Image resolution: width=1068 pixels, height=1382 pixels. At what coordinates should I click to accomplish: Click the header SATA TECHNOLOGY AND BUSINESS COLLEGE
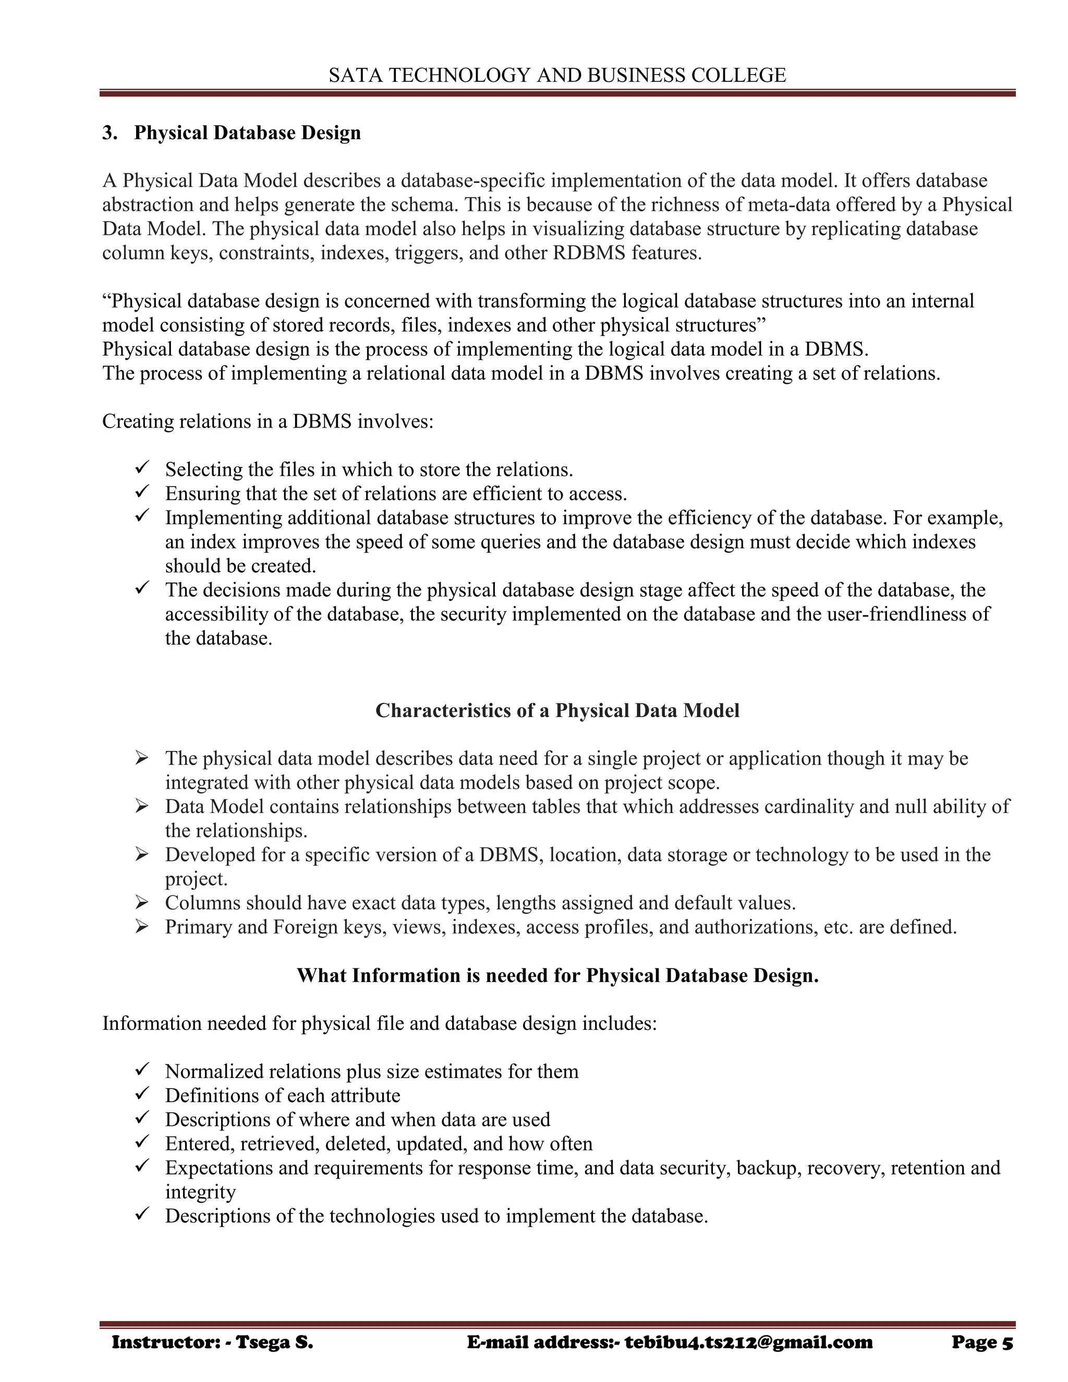557,75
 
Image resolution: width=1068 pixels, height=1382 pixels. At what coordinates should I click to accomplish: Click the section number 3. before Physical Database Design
110,133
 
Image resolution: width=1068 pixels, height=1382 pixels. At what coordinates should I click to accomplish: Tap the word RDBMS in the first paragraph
589,253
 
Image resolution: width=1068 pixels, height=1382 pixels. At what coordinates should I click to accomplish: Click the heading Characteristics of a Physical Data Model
557,711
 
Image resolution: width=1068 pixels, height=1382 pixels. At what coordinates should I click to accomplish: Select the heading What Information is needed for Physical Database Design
557,976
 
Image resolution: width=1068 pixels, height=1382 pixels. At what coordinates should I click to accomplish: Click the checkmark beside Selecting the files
142,469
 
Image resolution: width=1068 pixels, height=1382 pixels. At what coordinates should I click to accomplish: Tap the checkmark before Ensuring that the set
142,493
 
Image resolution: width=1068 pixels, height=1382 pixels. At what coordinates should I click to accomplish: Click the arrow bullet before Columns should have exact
142,903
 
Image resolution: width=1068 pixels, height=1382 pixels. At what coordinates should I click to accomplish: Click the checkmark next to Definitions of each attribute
142,1095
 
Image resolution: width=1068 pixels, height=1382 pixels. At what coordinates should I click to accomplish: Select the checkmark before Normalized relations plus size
142,1071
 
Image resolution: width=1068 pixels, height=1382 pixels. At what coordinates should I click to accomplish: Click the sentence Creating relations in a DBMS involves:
268,421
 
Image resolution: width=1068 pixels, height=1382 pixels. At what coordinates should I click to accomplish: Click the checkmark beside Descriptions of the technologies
142,1216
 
